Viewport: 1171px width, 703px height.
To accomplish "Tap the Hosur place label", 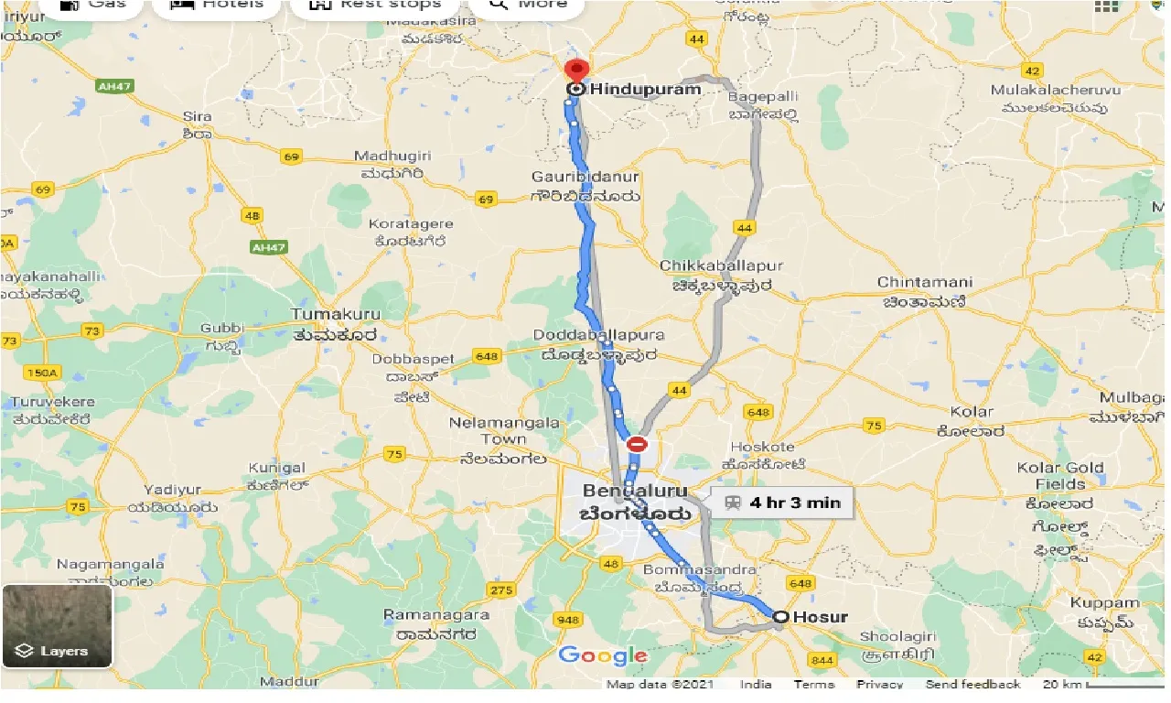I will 820,617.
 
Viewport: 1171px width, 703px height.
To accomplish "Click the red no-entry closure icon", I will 638,445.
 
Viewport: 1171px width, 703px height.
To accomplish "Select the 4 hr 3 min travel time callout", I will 781,502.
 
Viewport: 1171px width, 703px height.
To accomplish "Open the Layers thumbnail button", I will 57,626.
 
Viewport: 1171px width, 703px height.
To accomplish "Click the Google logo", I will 603,655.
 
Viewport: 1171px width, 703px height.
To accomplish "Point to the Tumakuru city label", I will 335,314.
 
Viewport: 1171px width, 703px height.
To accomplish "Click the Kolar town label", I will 972,412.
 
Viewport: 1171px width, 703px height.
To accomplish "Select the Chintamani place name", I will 924,282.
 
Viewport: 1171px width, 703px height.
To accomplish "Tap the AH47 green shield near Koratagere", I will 268,247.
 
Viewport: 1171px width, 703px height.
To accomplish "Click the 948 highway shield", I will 568,620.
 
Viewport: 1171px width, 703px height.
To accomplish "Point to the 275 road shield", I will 501,589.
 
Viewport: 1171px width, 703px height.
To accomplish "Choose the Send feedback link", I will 972,685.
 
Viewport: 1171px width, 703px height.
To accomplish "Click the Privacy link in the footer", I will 879,685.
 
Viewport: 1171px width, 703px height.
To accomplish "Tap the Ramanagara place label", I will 436,614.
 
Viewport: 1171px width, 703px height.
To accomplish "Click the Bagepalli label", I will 763,96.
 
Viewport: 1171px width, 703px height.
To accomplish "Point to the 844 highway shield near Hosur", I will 823,660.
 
